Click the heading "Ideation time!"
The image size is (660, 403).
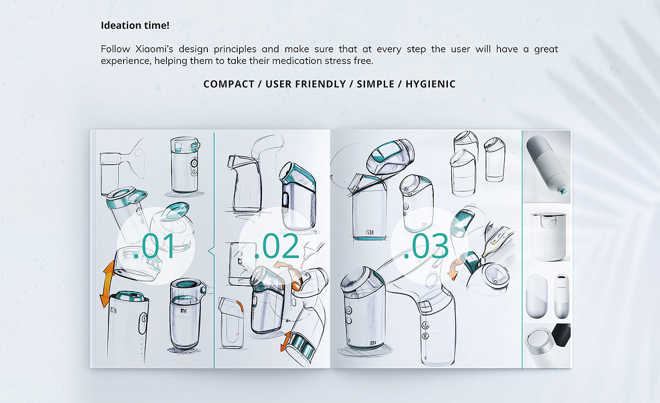135,25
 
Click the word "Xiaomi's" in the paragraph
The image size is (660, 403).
154,49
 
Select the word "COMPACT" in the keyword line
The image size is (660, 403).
229,84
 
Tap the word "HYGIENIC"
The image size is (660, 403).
430,84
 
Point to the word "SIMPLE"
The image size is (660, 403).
375,84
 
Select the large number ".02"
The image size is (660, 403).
277,246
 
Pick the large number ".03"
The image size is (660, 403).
426,246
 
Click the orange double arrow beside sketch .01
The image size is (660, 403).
107,284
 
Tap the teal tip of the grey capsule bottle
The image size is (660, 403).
563,192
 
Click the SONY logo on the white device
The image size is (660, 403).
561,287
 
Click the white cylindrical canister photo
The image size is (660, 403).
548,236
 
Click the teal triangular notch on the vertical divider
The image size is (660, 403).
211,251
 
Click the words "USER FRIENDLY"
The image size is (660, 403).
305,84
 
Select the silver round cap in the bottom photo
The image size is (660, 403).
538,342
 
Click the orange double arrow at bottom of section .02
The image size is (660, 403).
286,341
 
